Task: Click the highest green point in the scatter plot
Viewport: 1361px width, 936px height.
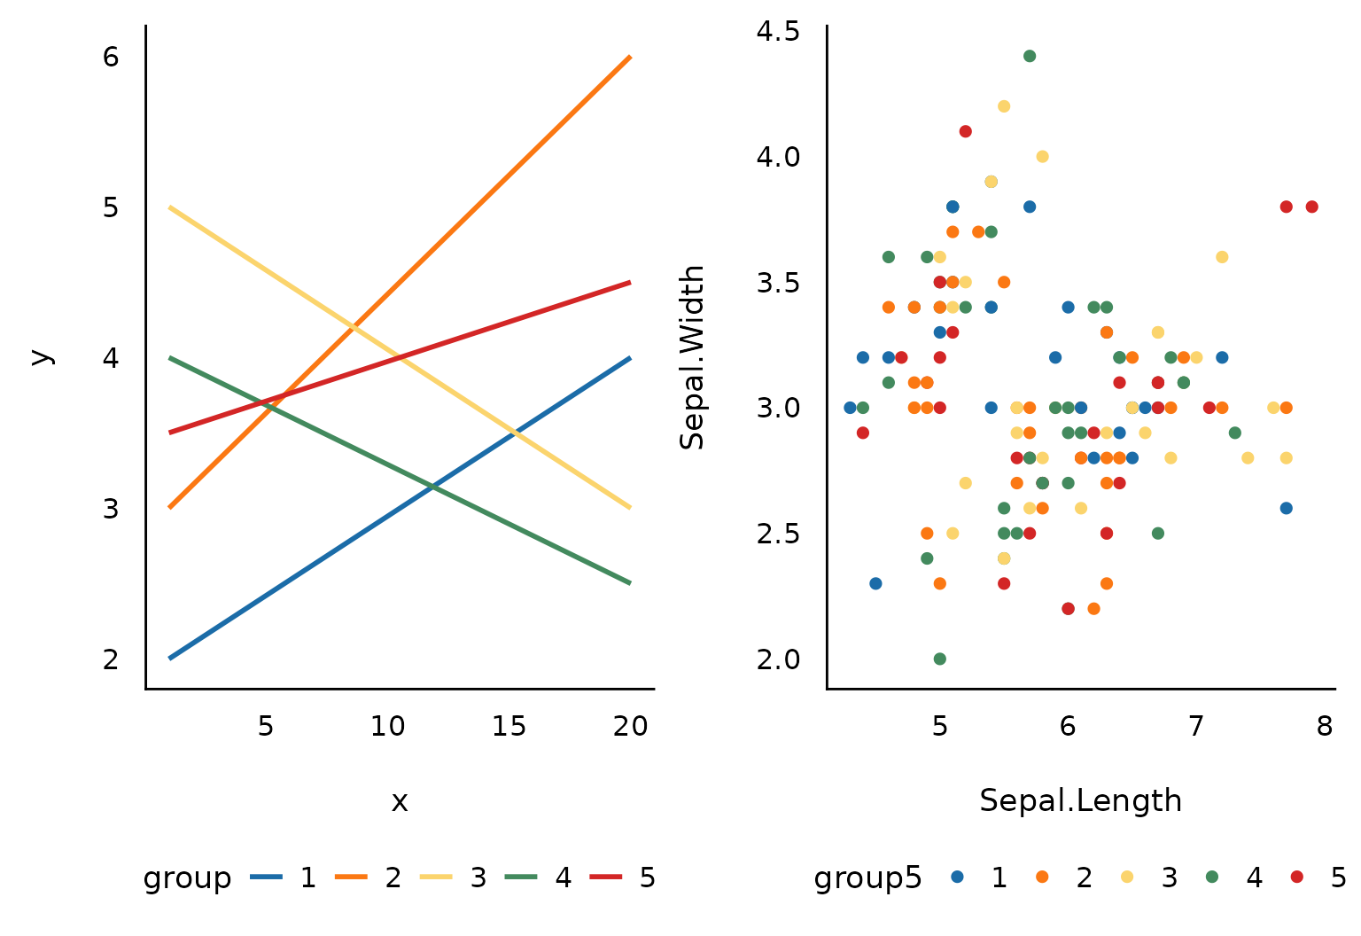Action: (x=1030, y=56)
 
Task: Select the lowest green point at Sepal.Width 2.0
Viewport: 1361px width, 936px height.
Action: (x=940, y=659)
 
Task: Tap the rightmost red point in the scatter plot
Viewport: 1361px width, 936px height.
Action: (x=1312, y=207)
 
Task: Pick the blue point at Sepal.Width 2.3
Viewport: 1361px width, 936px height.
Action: (x=875, y=583)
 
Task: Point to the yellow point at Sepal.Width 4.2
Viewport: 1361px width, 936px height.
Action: (x=1004, y=106)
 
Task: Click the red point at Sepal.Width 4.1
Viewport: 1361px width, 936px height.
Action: (x=966, y=131)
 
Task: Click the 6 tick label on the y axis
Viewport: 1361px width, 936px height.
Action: (x=111, y=57)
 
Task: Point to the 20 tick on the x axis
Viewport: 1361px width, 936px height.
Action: (x=631, y=727)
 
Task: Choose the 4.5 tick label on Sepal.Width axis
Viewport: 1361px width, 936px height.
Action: (x=778, y=32)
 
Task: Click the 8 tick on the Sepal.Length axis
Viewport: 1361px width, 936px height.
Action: (x=1325, y=727)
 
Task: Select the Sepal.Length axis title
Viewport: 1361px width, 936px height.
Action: (x=1080, y=800)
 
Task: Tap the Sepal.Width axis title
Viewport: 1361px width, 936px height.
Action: (x=692, y=357)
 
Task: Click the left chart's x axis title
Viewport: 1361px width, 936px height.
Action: (x=400, y=801)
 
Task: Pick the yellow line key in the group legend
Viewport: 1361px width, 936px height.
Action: (x=436, y=877)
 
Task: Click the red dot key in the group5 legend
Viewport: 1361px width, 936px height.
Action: (x=1297, y=877)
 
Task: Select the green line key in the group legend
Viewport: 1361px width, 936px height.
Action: (x=521, y=877)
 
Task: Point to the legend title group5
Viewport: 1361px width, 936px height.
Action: (x=867, y=877)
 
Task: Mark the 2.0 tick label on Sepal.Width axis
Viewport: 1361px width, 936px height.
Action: (x=778, y=659)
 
